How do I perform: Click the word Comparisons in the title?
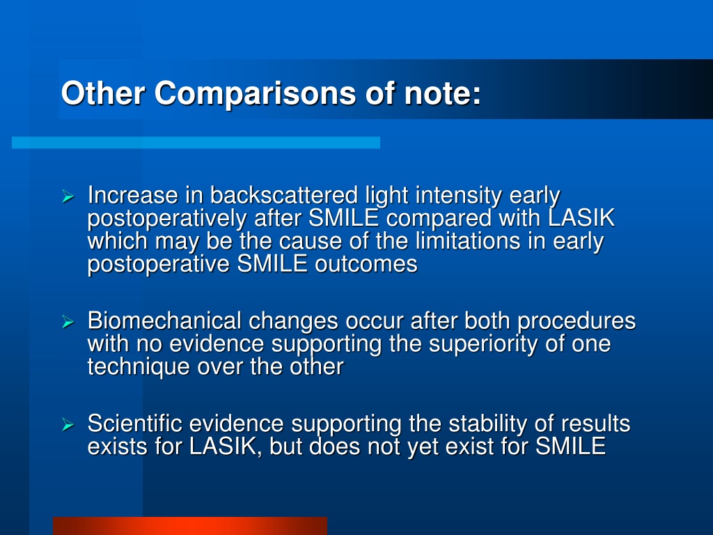coord(255,94)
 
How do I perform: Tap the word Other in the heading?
coord(103,93)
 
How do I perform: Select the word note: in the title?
coord(442,94)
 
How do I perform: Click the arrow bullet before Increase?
coord(68,196)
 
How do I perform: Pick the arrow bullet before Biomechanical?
coord(68,322)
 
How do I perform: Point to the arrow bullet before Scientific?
coord(68,425)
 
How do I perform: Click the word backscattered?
coord(284,195)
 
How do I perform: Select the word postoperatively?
coord(167,219)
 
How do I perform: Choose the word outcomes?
coord(366,264)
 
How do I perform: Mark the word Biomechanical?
coord(164,320)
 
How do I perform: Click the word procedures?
coord(576,322)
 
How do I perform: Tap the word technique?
coord(139,367)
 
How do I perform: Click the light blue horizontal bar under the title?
coord(196,142)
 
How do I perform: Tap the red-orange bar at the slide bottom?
coord(190,526)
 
